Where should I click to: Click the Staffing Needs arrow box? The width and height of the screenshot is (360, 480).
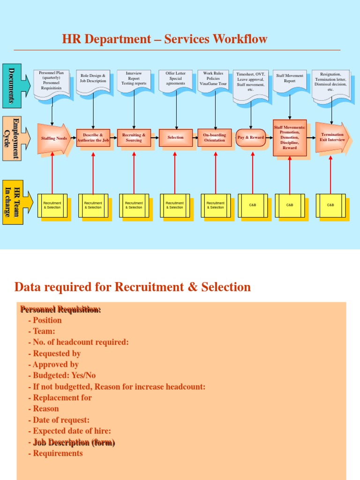click(x=53, y=138)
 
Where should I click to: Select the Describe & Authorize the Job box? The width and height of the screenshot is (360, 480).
click(x=93, y=138)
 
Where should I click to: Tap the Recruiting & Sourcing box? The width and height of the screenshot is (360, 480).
click(x=134, y=138)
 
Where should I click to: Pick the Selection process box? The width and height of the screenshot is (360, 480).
click(x=175, y=138)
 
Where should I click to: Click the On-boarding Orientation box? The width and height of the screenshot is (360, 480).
click(x=214, y=138)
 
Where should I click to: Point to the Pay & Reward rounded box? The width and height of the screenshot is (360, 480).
click(x=251, y=138)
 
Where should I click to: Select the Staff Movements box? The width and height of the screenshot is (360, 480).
click(x=290, y=138)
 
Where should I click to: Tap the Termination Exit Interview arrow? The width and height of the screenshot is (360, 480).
click(x=331, y=137)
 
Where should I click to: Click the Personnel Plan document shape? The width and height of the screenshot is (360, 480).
click(x=52, y=82)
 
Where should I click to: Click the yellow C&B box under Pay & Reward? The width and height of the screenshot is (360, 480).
click(x=253, y=205)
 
